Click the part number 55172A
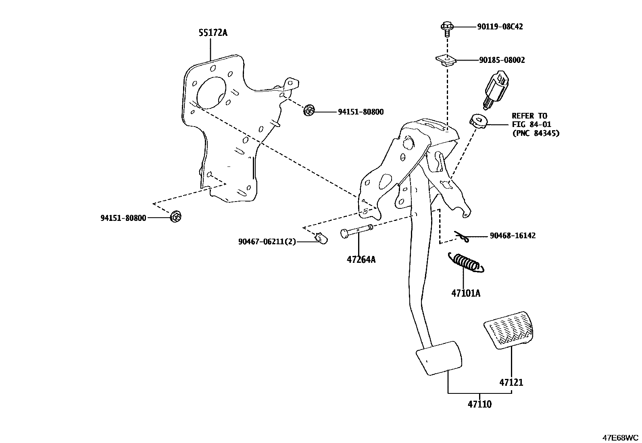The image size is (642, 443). tap(213, 33)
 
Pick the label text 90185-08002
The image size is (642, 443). tap(502, 60)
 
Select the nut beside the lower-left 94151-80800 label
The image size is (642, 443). tap(176, 216)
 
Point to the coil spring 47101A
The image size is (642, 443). tap(466, 264)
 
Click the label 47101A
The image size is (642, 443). tap(466, 293)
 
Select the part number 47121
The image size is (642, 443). tap(511, 382)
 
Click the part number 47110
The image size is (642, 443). tap(479, 404)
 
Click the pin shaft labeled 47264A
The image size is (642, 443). tap(357, 232)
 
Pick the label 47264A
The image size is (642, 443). tap(361, 260)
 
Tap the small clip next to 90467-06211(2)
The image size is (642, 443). tap(321, 239)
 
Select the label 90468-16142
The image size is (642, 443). tap(513, 235)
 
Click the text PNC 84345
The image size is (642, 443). tap(535, 133)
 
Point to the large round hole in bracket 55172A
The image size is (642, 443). tap(211, 92)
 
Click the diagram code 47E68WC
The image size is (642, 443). tap(621, 437)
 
